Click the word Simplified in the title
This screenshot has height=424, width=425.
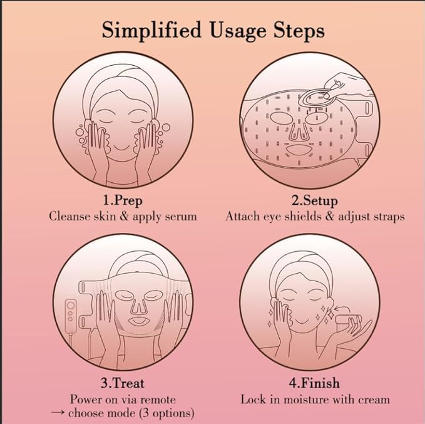coord(151,31)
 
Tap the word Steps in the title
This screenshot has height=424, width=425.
coord(299,31)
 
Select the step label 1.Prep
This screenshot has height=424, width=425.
coord(123,200)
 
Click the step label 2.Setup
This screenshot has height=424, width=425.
coord(315,200)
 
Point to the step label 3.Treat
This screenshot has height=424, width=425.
coord(123,383)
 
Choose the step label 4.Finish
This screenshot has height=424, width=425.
coord(314,383)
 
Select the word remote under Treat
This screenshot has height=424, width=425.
coord(158,400)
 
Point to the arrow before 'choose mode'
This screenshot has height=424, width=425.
coord(58,413)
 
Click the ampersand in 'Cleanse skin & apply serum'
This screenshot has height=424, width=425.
coord(124,217)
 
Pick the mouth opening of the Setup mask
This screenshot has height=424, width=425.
coord(299,150)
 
